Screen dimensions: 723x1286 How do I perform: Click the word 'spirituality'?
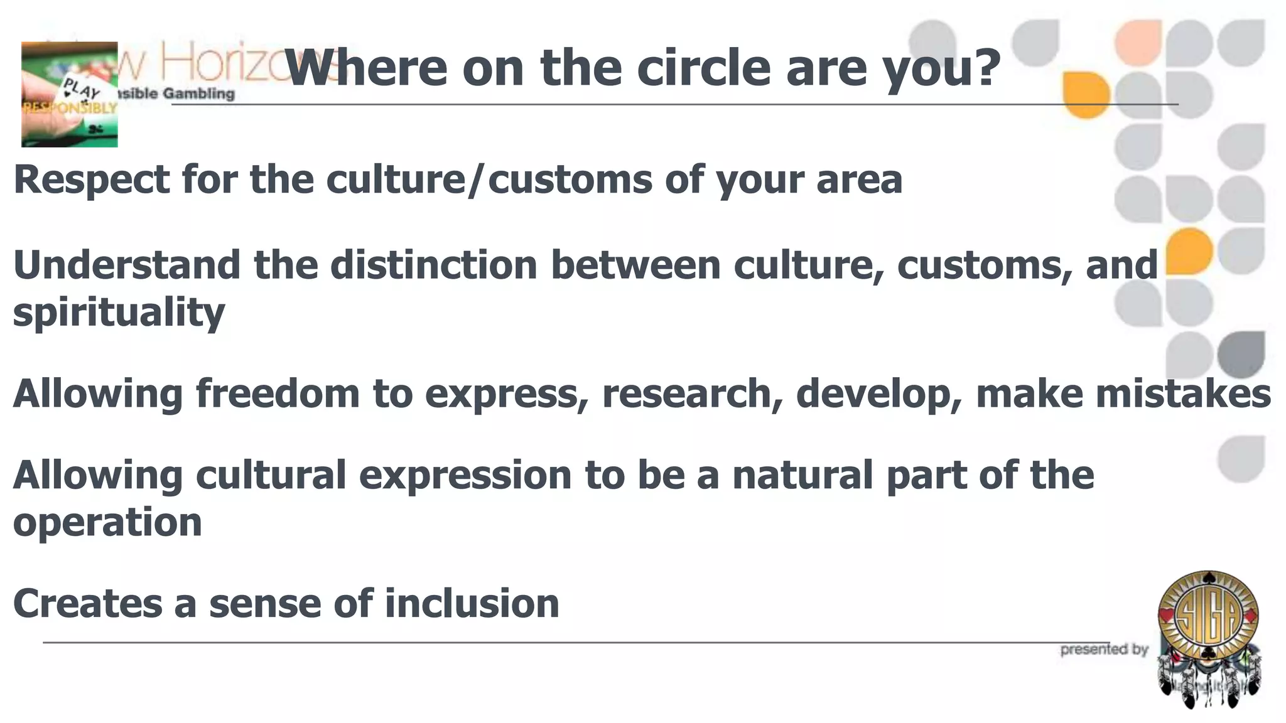tap(119, 313)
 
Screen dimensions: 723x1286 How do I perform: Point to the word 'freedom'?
tap(278, 394)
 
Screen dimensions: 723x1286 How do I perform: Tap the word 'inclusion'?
tap(472, 604)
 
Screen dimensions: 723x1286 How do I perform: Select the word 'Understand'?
tap(126, 265)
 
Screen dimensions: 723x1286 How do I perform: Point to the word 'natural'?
tap(802, 474)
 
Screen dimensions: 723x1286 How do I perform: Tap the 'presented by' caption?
tap(1104, 650)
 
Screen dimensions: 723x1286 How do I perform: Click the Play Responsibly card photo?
tap(69, 95)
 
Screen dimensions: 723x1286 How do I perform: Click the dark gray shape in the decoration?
tap(1241, 355)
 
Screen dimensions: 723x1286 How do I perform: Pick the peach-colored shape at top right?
tap(1138, 41)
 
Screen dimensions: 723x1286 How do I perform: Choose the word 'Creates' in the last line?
tap(87, 604)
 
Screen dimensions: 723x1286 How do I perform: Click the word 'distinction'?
tap(433, 265)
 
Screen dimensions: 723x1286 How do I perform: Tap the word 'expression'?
tap(465, 474)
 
